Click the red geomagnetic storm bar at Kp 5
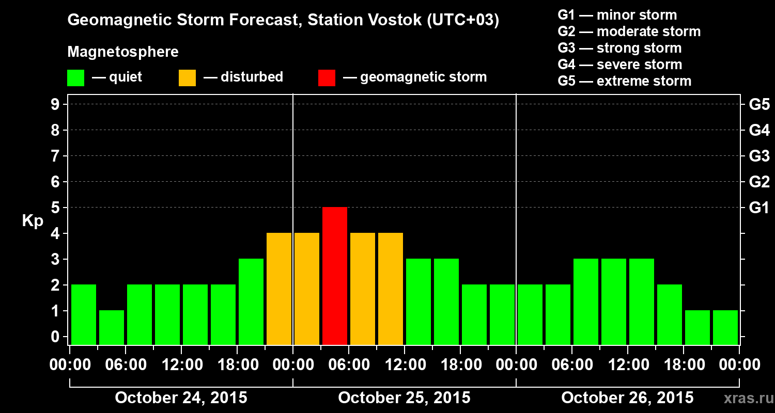click(x=335, y=276)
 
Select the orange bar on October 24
click(x=279, y=289)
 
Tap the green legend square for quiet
click(x=75, y=78)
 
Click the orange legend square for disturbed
click(x=187, y=78)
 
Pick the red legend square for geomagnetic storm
click(x=327, y=78)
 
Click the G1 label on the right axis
click(x=759, y=208)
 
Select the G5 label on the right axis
click(x=759, y=105)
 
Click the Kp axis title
click(x=33, y=221)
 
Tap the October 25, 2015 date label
click(x=404, y=398)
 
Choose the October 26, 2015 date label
click(x=627, y=398)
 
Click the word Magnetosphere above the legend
click(x=123, y=52)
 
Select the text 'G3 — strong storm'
click(x=619, y=48)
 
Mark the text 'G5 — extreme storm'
click(x=624, y=81)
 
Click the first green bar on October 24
click(x=84, y=314)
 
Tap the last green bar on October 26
click(x=725, y=327)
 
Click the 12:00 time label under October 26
click(x=627, y=365)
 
